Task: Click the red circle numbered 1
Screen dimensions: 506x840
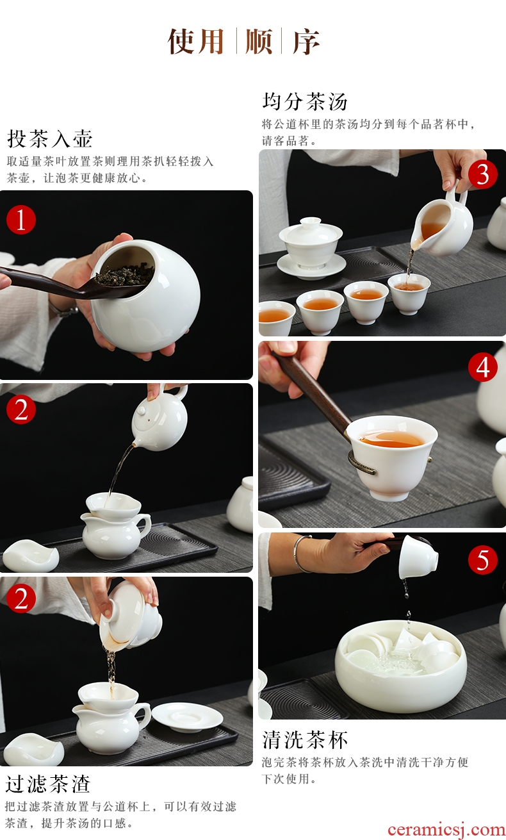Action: [21, 219]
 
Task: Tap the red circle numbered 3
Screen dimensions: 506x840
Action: [483, 174]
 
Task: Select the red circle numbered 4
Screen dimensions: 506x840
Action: [483, 366]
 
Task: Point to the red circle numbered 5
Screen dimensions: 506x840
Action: [483, 560]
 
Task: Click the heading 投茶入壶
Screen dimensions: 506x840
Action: [50, 139]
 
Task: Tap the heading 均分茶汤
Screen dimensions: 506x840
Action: [305, 101]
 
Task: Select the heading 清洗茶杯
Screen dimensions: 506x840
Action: [305, 740]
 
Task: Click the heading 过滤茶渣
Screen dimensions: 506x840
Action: [48, 784]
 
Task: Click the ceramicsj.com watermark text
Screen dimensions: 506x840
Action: [446, 830]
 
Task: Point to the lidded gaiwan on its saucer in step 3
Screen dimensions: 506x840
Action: [311, 247]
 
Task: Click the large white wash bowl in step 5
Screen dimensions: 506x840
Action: [401, 666]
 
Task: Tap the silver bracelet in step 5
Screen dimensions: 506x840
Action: [302, 554]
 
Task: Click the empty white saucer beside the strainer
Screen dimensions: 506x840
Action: [188, 717]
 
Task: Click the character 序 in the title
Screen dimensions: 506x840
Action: [306, 41]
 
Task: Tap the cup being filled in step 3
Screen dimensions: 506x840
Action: [409, 293]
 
